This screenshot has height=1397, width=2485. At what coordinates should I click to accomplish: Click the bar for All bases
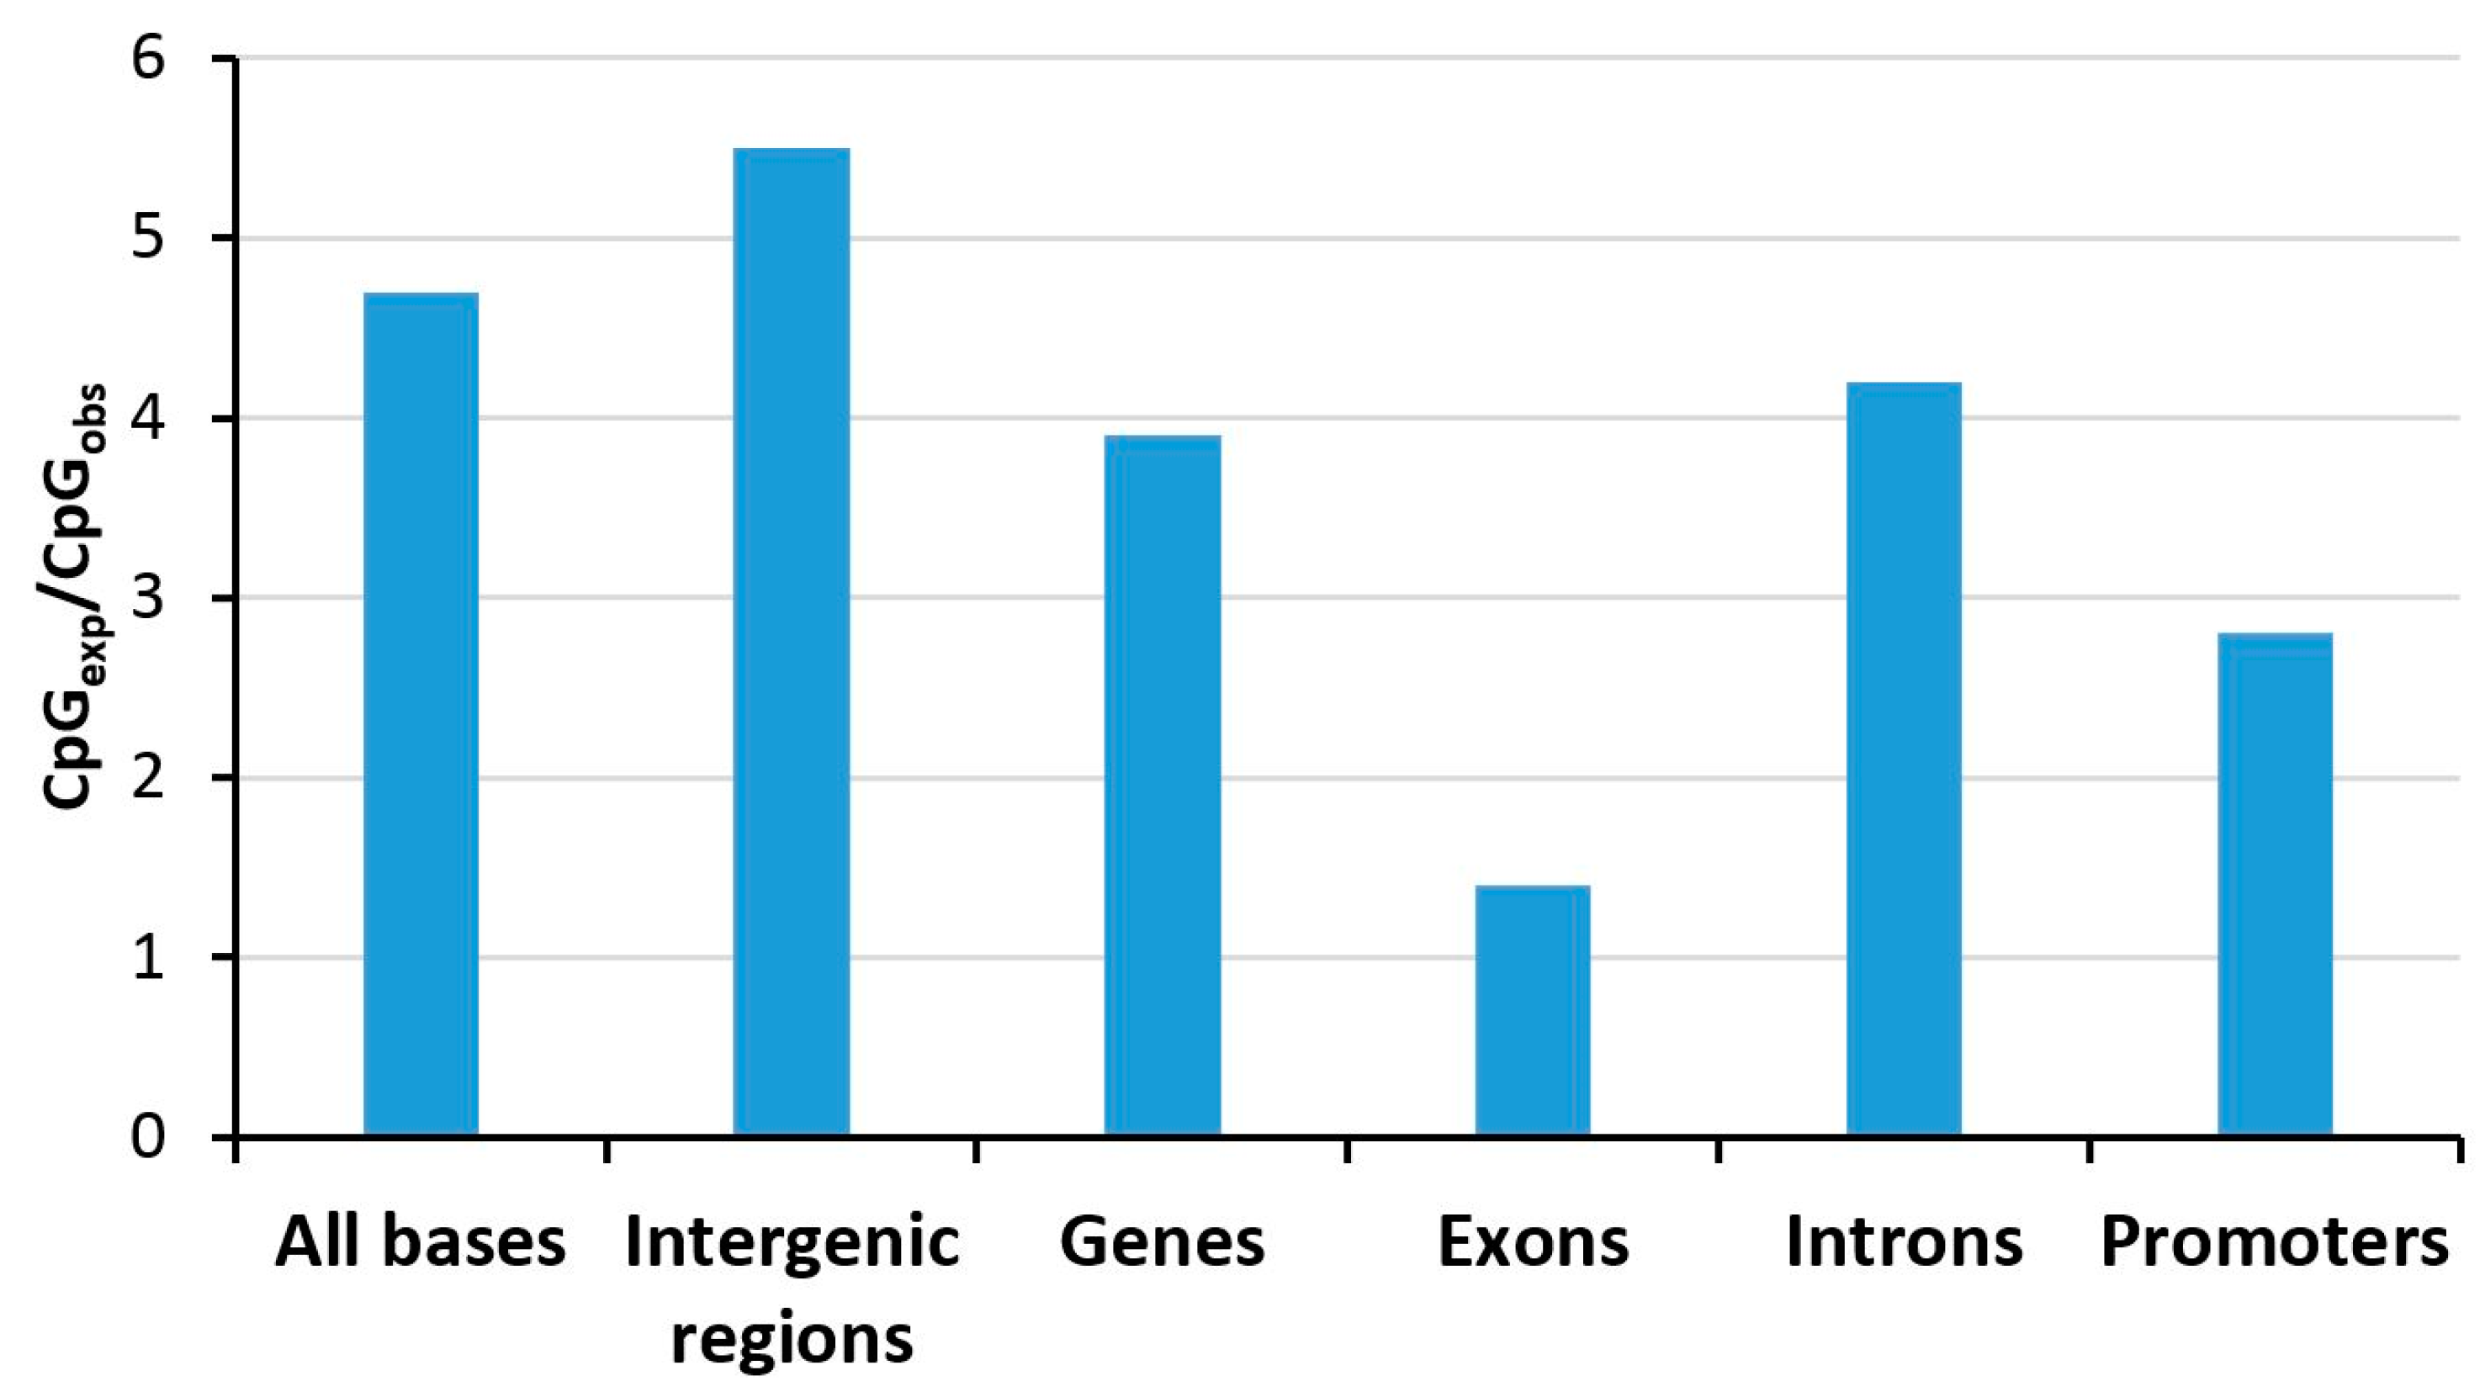click(x=421, y=714)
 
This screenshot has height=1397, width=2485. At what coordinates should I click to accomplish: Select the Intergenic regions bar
click(x=791, y=642)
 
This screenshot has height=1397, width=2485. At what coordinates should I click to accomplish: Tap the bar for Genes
click(x=1163, y=786)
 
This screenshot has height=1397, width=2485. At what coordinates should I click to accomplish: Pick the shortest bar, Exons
click(x=1533, y=1010)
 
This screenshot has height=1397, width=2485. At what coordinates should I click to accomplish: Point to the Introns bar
click(x=1904, y=759)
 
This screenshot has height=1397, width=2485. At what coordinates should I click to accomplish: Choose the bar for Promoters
click(x=2275, y=884)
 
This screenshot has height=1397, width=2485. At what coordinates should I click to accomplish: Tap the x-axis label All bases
click(x=421, y=1242)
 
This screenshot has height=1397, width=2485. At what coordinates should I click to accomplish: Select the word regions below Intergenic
click(x=791, y=1339)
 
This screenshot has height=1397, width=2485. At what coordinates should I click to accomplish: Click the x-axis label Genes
click(x=1163, y=1242)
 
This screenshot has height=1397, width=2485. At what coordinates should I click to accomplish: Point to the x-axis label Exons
click(x=1533, y=1242)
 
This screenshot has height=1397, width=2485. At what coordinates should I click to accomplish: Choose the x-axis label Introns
click(x=1904, y=1242)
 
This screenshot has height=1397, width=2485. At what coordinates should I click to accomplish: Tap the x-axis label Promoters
click(x=2275, y=1242)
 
